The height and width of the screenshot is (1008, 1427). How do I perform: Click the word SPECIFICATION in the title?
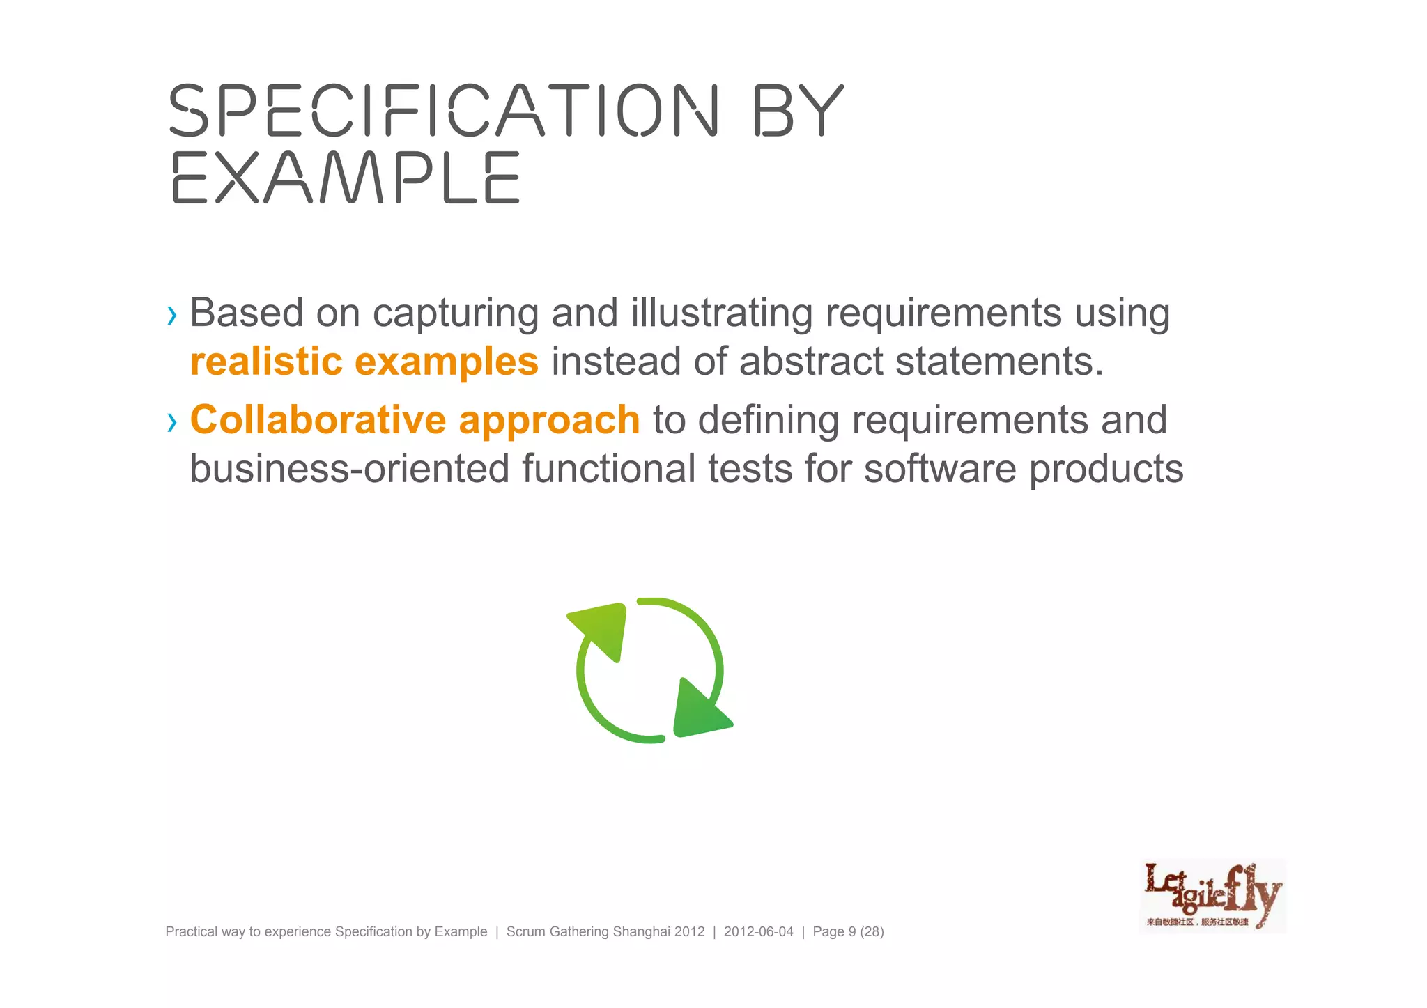point(443,110)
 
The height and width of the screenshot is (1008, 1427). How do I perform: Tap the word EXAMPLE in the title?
point(346,178)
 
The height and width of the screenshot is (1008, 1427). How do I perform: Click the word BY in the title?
point(799,110)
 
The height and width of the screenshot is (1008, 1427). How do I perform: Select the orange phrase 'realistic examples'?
point(364,362)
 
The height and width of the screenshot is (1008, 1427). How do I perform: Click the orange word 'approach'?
point(549,420)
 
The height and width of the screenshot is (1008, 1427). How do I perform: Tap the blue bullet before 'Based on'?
point(172,316)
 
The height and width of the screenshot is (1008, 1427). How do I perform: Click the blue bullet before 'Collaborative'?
point(172,422)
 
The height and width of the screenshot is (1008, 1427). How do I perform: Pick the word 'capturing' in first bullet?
point(456,313)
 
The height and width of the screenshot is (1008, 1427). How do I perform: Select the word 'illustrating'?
point(721,313)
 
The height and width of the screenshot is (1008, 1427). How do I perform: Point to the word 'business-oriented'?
point(350,468)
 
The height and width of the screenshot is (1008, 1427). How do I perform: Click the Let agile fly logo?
point(1212,896)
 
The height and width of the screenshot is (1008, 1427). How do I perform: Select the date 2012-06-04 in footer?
point(758,932)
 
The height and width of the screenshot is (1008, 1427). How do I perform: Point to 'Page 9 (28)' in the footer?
point(848,932)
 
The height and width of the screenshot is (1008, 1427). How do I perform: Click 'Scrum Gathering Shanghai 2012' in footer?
point(605,932)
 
